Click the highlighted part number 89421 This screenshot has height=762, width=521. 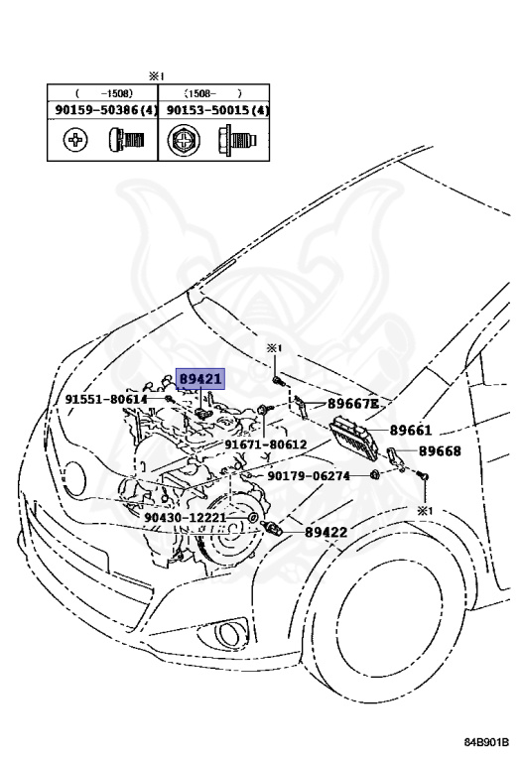(200, 379)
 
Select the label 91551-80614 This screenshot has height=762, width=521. (106, 399)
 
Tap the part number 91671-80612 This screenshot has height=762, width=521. (265, 445)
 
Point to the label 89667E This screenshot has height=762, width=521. (353, 404)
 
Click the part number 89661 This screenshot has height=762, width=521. (411, 431)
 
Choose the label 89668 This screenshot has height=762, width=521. (440, 451)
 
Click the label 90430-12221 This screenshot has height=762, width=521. (185, 518)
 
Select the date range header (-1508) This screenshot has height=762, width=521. (103, 94)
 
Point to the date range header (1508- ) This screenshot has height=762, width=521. (216, 94)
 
